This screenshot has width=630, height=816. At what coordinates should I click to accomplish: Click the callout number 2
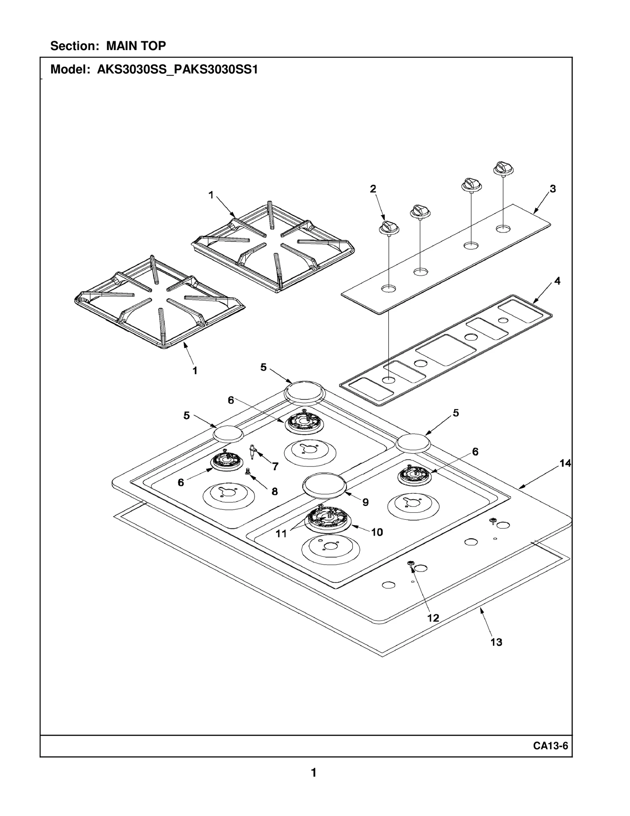(x=373, y=189)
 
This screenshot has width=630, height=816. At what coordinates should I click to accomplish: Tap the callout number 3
(x=553, y=189)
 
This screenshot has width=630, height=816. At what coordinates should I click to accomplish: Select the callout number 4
(x=557, y=281)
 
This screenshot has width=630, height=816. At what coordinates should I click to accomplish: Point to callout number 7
(x=275, y=467)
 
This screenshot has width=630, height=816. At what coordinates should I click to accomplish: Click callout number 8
(x=274, y=491)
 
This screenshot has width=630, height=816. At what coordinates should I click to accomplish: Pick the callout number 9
(x=365, y=502)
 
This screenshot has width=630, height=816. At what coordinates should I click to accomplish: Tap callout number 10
(x=377, y=532)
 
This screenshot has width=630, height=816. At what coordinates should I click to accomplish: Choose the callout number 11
(x=281, y=533)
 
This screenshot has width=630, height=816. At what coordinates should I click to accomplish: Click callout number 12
(x=433, y=618)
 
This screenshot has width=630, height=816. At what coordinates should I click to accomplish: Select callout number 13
(x=496, y=642)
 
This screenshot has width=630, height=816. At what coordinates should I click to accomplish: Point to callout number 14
(x=565, y=463)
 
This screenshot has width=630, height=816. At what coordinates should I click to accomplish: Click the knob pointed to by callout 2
(x=389, y=228)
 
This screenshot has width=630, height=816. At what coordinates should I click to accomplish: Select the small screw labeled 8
(x=248, y=471)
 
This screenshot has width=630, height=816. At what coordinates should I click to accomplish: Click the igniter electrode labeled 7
(x=252, y=452)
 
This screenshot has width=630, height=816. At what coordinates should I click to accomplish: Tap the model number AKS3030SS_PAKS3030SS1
(x=178, y=70)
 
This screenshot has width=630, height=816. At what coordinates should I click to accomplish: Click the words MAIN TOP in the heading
(x=136, y=46)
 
